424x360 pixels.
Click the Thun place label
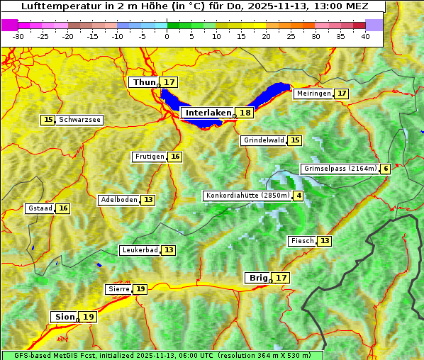144,83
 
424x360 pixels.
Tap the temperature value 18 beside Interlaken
245,113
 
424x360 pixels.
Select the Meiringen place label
313,94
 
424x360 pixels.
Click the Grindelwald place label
264,140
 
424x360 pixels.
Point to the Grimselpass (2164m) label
340,169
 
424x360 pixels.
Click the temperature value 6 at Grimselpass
386,169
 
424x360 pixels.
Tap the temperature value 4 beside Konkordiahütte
299,196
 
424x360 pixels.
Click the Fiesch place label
302,241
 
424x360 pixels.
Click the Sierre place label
118,289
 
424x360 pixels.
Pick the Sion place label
63,317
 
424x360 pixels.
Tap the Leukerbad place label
140,250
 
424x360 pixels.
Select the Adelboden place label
118,200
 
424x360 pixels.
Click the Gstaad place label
40,208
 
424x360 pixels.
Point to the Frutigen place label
150,157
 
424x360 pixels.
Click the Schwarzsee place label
79,120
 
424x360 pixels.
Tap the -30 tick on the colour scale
18,36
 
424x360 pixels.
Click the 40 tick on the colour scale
365,36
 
